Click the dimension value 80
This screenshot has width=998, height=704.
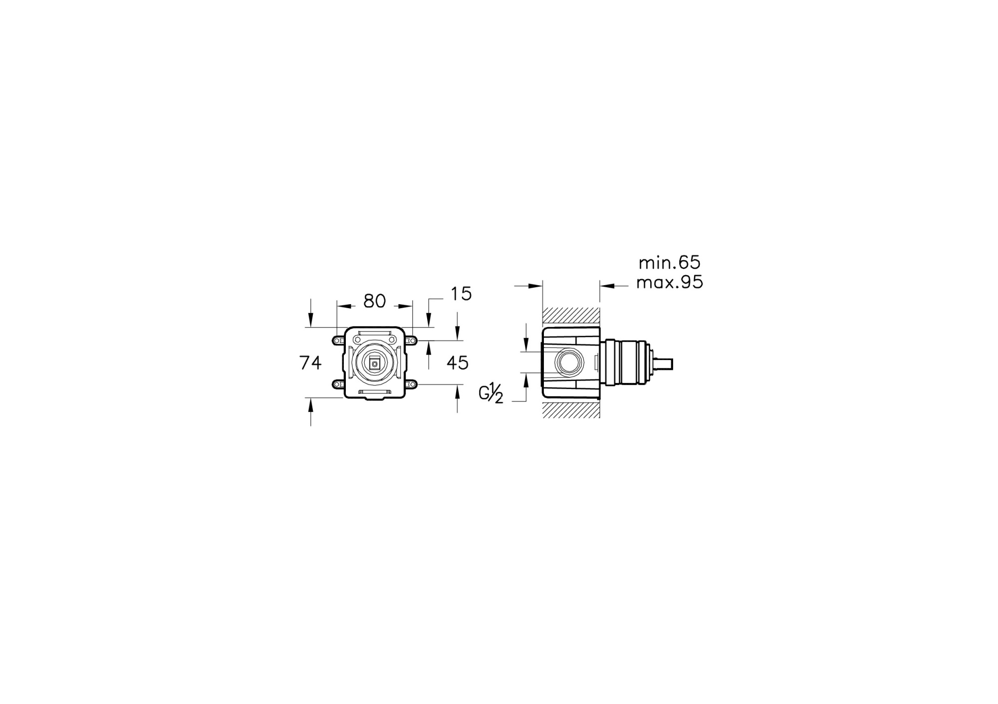click(375, 301)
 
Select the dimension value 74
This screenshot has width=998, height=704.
click(310, 362)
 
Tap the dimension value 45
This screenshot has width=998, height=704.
click(458, 362)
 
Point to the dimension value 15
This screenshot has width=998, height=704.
click(461, 294)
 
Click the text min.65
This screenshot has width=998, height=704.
click(670, 262)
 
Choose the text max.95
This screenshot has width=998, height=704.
click(670, 282)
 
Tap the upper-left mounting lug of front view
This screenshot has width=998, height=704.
click(338, 340)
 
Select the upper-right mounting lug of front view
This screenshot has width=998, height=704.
click(412, 340)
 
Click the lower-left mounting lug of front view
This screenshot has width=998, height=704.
click(338, 384)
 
